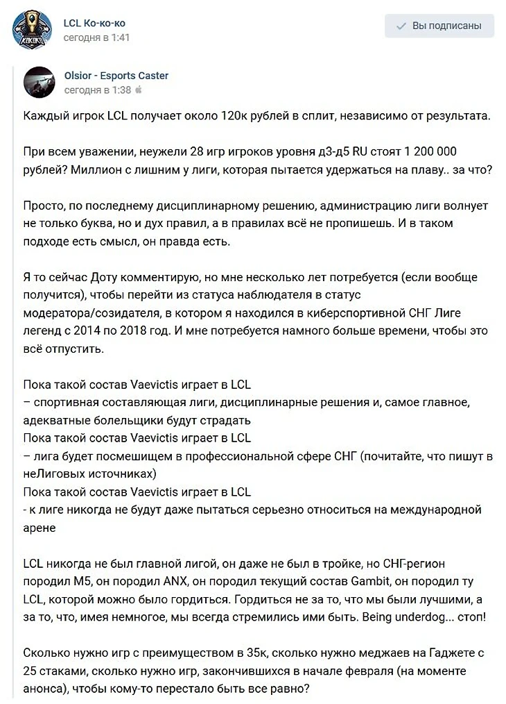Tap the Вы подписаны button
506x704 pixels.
click(x=439, y=26)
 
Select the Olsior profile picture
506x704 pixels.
click(x=39, y=82)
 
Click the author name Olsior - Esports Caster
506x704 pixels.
click(x=116, y=76)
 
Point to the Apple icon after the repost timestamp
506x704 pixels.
click(x=138, y=90)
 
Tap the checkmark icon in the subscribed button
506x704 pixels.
click(x=401, y=26)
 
